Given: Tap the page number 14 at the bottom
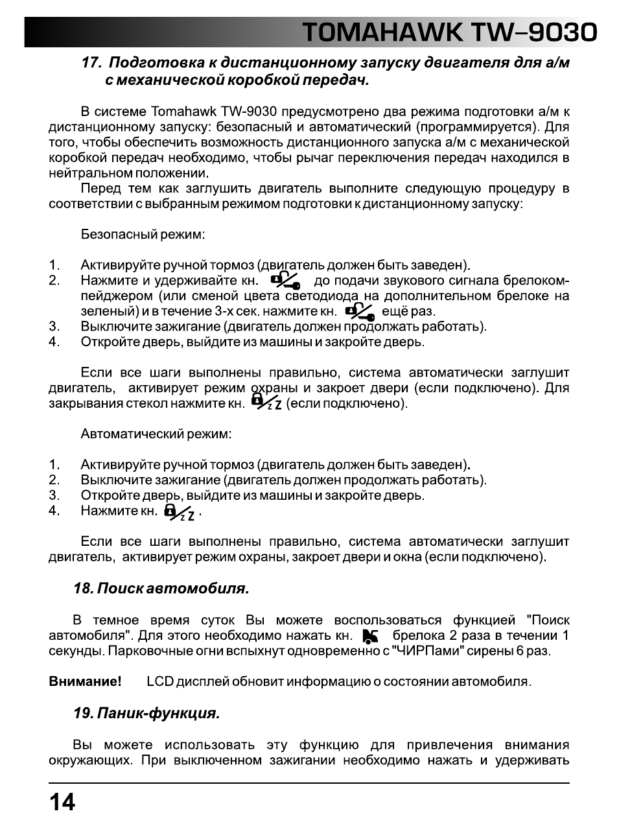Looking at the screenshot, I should coord(62,803).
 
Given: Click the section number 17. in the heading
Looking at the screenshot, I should coord(92,64).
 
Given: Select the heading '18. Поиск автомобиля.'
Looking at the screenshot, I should coord(161,589).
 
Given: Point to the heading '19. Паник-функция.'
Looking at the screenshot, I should coord(146,714).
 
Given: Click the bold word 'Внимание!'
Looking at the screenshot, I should coord(86,682).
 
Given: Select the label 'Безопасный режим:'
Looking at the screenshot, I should coord(143,234).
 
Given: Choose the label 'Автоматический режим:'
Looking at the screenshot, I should coord(156,434).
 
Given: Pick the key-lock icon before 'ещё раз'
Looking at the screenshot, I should coord(360,312).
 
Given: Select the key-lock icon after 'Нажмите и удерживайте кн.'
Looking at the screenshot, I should coord(285,281).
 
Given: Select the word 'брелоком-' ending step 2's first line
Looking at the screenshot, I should coord(535,281).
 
